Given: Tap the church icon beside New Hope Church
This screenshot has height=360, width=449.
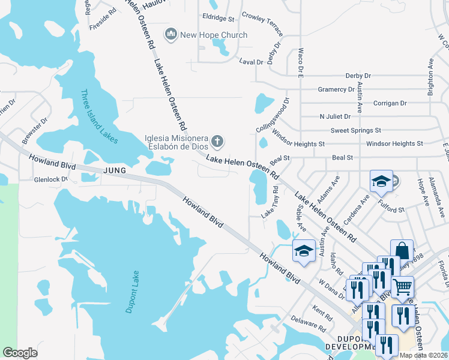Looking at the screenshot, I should (x=171, y=35).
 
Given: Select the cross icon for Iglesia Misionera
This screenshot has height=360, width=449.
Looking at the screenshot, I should (x=217, y=142).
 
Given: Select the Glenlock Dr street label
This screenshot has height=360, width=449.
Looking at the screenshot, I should (x=51, y=179).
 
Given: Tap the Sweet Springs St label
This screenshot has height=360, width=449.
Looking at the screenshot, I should (x=355, y=130).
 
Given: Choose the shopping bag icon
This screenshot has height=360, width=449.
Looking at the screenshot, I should (x=402, y=250).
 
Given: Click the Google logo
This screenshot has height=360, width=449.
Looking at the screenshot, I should (x=20, y=353).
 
